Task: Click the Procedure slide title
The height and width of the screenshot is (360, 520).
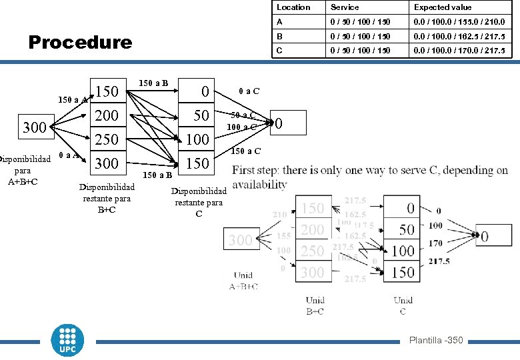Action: tap(80, 43)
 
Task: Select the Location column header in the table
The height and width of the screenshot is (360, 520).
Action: tap(293, 7)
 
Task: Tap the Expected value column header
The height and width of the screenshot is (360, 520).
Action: tap(443, 7)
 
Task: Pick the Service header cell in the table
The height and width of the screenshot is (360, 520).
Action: tap(345, 7)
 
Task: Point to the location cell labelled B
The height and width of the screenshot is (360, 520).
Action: tap(281, 36)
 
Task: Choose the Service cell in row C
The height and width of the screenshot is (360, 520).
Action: tap(359, 51)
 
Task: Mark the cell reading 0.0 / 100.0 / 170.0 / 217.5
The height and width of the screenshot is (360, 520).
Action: tap(459, 51)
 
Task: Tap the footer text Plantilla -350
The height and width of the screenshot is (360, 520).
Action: tap(436, 341)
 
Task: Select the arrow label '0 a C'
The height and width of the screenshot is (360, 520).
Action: tap(249, 91)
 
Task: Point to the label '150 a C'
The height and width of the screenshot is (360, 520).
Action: tap(245, 151)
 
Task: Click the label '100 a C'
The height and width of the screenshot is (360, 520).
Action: tap(241, 127)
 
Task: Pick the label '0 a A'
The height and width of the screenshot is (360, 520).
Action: tap(67, 155)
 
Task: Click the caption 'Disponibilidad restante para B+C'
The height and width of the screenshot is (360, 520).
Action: tap(107, 198)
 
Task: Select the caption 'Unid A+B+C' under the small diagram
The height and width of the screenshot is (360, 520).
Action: tap(244, 281)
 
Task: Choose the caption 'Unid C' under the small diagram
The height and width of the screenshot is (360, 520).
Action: tap(403, 305)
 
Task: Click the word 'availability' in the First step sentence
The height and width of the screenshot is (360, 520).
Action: tap(260, 184)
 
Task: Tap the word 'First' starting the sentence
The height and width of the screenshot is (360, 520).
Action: tap(245, 171)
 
